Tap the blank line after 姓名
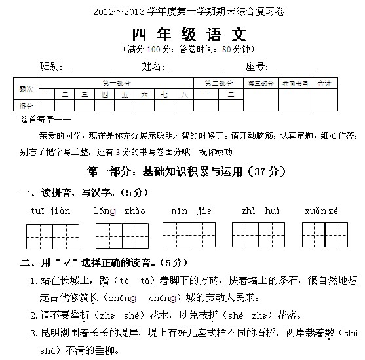(196, 68)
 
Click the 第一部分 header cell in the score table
(117, 83)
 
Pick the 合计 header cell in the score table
(324, 83)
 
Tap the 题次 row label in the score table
(26, 88)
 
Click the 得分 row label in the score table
(26, 105)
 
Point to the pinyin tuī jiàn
(50, 211)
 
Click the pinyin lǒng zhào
(119, 211)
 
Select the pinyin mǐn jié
(189, 211)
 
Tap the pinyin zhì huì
(259, 211)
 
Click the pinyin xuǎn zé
(323, 211)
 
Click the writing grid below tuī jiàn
(52, 234)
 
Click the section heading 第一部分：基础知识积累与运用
(178, 171)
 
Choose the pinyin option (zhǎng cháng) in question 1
(138, 297)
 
